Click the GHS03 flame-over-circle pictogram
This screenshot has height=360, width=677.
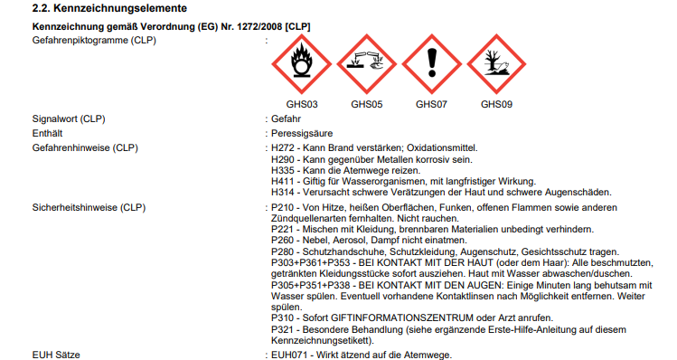(301, 64)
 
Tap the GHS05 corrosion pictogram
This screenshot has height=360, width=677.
(367, 64)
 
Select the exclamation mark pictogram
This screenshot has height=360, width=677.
(432, 64)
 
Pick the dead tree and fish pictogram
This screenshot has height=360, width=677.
(496, 64)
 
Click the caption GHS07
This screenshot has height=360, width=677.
(431, 104)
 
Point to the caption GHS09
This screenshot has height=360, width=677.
(496, 104)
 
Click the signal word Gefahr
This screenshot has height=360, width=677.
(286, 118)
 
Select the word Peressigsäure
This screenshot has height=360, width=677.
(302, 134)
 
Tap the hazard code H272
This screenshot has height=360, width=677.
(283, 147)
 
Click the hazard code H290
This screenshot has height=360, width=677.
(283, 159)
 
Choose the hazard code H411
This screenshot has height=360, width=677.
(282, 181)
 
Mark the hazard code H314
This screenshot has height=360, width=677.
(283, 192)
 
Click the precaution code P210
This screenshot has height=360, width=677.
(283, 207)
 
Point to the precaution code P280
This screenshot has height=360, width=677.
(283, 251)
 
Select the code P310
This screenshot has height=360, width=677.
(283, 317)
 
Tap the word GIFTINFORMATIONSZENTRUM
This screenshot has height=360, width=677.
(402, 317)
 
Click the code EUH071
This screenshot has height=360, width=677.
(289, 355)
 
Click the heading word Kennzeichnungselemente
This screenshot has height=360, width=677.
(120, 8)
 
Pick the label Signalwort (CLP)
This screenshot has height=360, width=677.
(69, 118)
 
